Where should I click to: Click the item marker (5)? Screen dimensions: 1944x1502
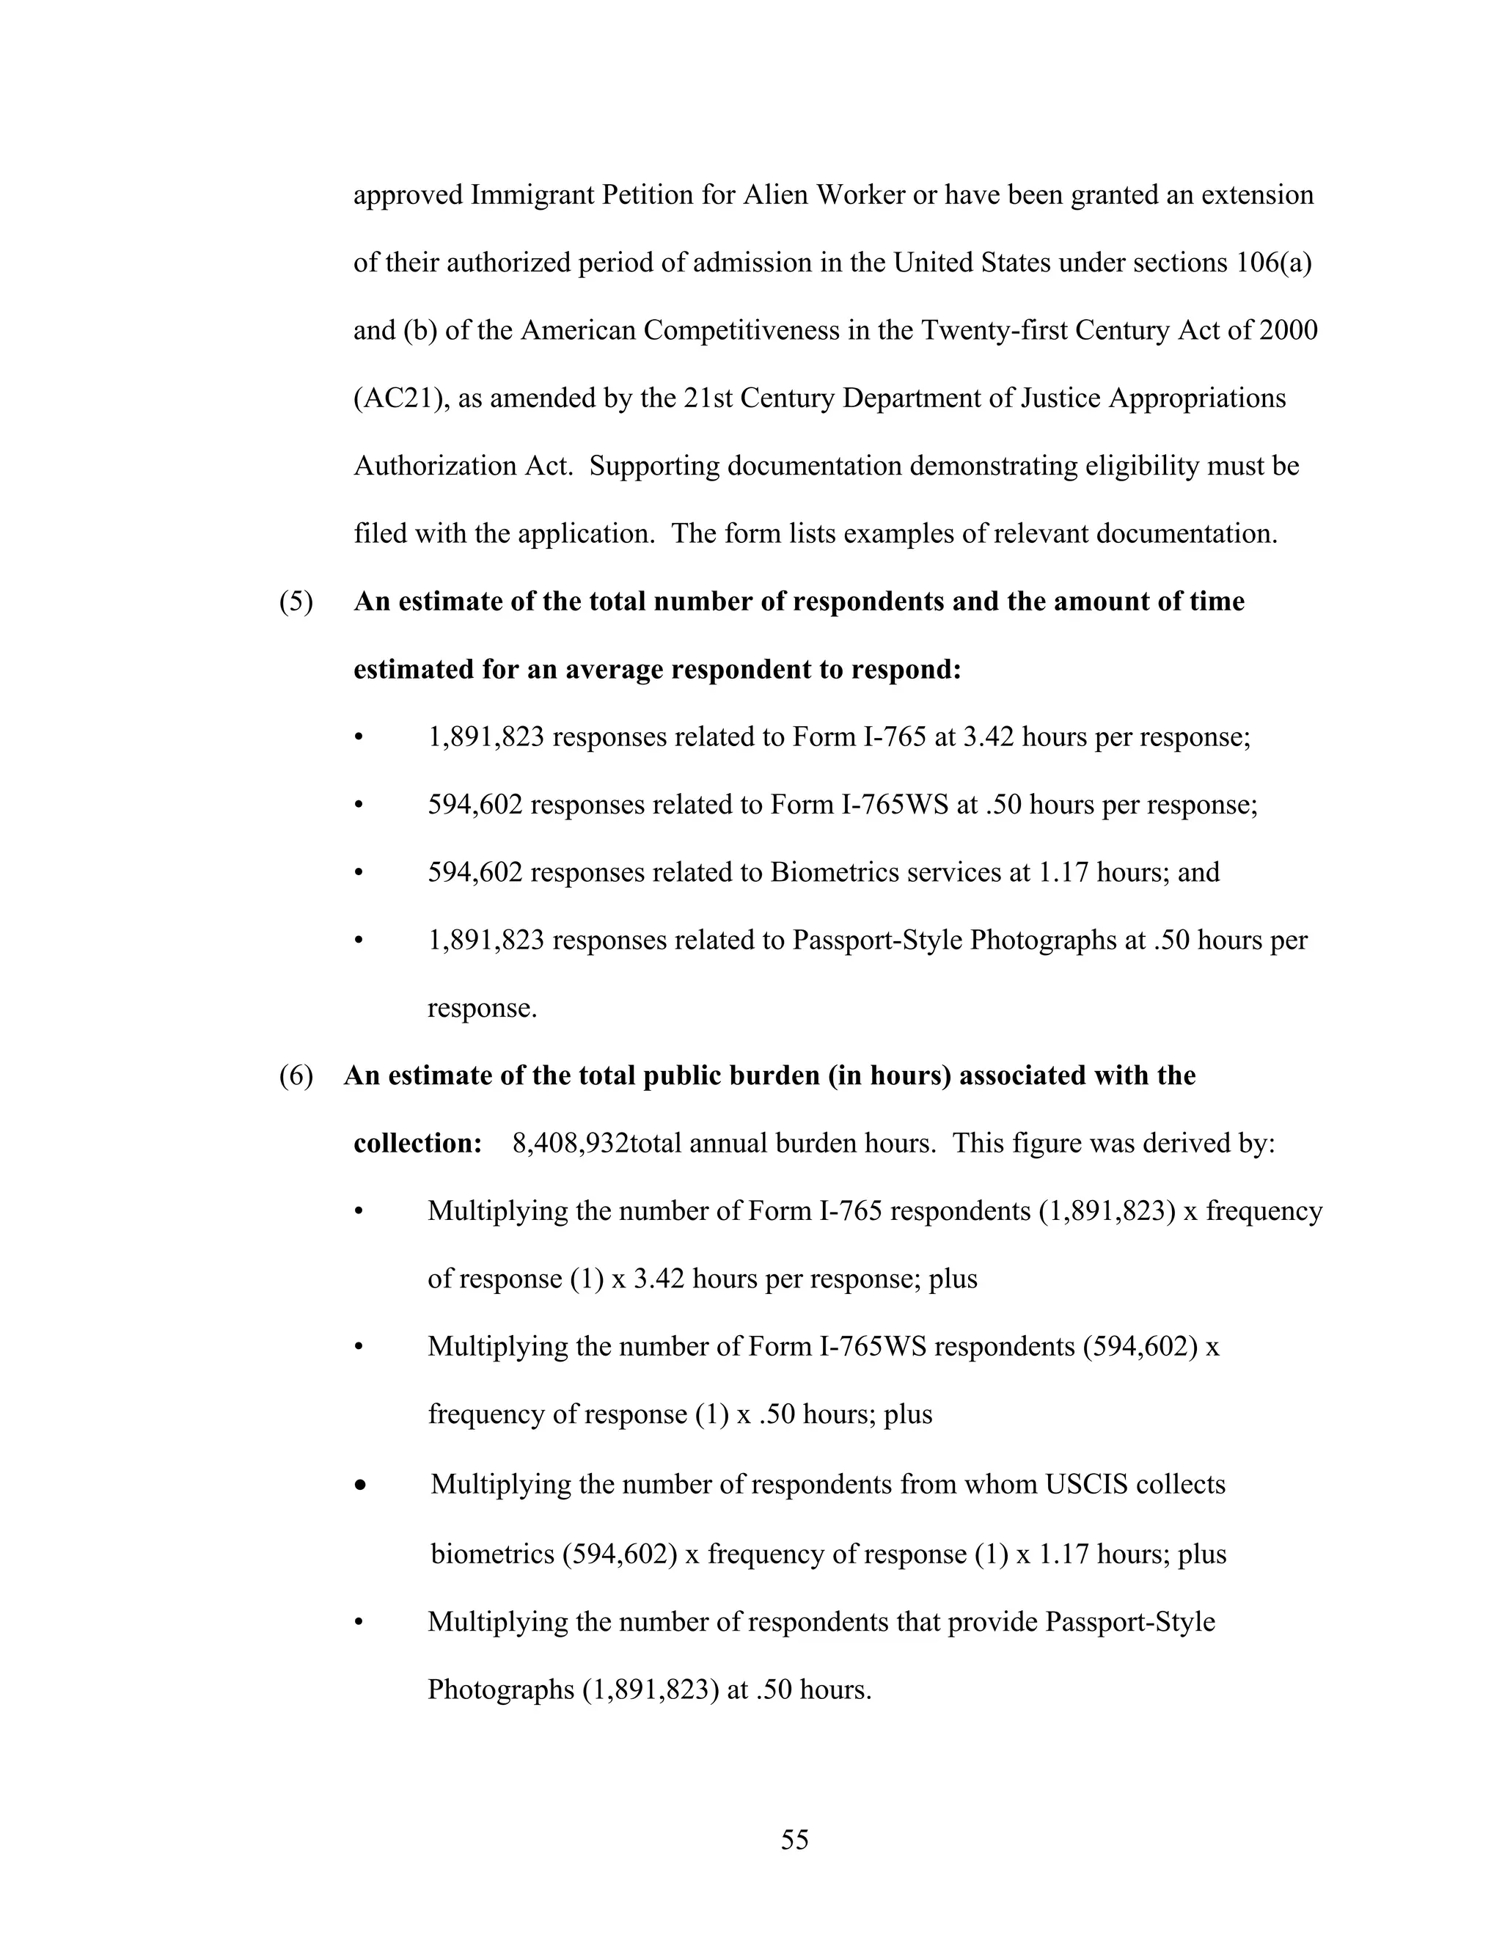point(296,602)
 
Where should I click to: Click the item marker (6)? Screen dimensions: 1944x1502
point(296,1076)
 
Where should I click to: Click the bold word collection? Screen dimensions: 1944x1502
point(417,1144)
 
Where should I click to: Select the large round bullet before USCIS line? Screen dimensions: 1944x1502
point(360,1486)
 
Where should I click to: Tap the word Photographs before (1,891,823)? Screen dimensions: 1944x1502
point(501,1689)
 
